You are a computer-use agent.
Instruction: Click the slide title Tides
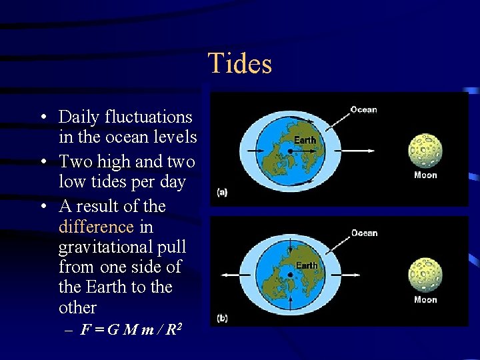pos(240,64)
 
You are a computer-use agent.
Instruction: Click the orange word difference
pos(96,227)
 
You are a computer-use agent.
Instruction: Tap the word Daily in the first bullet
pos(78,117)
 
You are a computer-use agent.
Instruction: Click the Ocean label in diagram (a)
pos(363,110)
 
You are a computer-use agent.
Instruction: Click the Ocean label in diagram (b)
pos(364,233)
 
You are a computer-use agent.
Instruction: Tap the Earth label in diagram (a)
pos(305,140)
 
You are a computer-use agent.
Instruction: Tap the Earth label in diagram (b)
pos(307,265)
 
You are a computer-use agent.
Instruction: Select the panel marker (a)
pos(222,193)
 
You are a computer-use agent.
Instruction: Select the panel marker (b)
pos(222,318)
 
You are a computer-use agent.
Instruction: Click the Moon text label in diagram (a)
pos(425,175)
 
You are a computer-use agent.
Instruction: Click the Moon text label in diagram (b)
pos(425,300)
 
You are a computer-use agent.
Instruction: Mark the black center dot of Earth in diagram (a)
pos(291,151)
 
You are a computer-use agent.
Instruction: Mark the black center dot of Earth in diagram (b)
pos(291,274)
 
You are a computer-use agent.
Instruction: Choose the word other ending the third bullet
pos(77,307)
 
